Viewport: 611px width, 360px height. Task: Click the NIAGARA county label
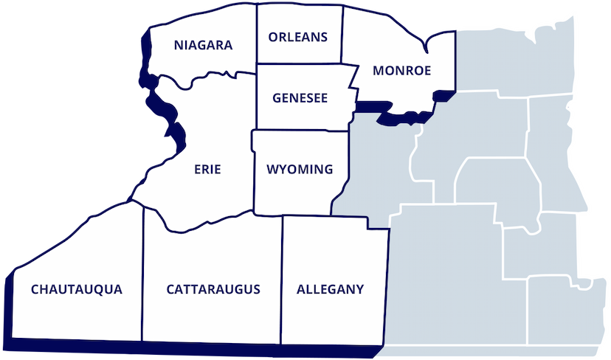[203, 46]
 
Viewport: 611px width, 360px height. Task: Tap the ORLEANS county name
[298, 37]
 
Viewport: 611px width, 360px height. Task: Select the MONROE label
[402, 71]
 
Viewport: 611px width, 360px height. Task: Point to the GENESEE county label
[300, 98]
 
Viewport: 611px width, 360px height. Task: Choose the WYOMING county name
[299, 170]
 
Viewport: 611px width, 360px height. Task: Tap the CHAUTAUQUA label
[76, 289]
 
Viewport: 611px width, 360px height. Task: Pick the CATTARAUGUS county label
[213, 289]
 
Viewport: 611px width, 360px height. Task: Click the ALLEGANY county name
[330, 289]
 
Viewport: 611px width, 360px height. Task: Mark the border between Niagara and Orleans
[256, 37]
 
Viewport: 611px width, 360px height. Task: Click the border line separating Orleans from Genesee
[299, 64]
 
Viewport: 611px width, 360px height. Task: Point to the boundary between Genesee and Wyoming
[299, 131]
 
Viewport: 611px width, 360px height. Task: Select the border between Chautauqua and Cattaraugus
[142, 280]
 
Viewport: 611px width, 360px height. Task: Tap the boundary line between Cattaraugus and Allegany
[282, 280]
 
